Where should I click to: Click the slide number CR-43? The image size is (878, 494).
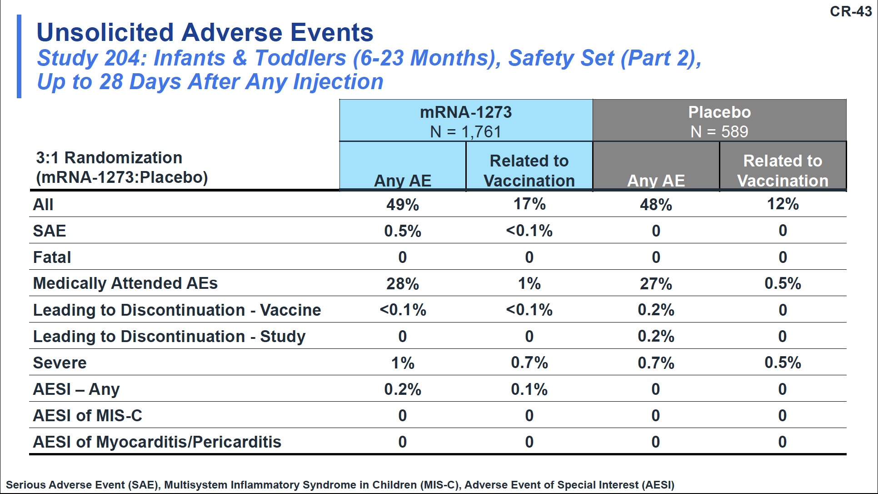coord(851,11)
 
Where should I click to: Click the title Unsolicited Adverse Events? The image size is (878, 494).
coord(205,32)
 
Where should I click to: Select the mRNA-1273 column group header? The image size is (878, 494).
coord(466,121)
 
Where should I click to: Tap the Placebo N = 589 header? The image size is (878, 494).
coord(719,121)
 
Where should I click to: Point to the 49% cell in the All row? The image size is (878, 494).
coord(403,205)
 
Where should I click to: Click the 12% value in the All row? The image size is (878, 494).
coord(783,204)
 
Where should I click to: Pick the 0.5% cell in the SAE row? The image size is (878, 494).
coord(403,231)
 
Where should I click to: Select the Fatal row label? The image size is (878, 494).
coord(52,257)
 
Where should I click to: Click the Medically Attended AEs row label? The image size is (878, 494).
coord(125,283)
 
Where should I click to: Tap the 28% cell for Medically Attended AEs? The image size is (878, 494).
coord(403,284)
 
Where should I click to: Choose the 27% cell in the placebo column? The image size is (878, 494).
coord(656,284)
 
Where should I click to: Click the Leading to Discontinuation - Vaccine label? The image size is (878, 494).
coord(177,310)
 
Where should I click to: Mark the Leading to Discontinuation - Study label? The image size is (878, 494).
coord(170,337)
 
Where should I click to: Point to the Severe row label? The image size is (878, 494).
coord(60,363)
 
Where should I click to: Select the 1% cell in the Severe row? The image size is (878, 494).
coord(403,363)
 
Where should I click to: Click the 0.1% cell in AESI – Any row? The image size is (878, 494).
coord(529,389)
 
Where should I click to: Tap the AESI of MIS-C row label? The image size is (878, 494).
coord(88,416)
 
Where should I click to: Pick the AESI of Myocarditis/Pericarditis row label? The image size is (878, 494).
coord(157,442)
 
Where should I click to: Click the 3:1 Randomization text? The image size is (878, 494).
coord(110,158)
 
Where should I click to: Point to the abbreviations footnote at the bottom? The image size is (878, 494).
coord(340,485)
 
